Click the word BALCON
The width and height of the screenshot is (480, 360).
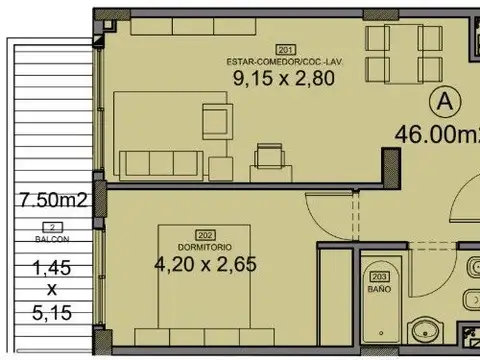pyautogui.click(x=54, y=240)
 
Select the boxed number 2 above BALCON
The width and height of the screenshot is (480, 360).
pyautogui.click(x=54, y=227)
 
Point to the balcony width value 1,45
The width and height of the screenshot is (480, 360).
pyautogui.click(x=53, y=267)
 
